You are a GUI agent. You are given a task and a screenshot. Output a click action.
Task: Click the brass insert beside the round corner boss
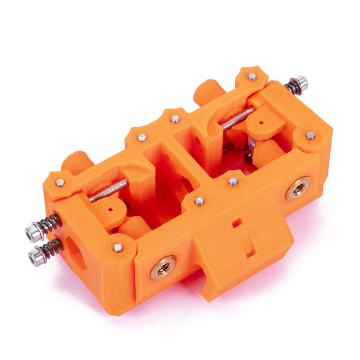pyautogui.click(x=298, y=189)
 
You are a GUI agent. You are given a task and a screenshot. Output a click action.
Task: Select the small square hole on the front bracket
pyautogui.click(x=237, y=223)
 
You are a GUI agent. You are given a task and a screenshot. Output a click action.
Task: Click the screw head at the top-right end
pyautogui.click(x=301, y=82)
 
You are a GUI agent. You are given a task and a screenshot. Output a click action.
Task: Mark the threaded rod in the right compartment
pyautogui.click(x=237, y=118)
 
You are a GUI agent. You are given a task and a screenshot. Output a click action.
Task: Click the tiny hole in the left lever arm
pyautogui.click(x=110, y=209)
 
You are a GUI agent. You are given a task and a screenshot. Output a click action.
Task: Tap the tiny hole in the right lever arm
pyautogui.click(x=261, y=123)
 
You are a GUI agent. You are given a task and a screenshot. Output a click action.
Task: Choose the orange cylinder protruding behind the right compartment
pyautogui.click(x=208, y=91)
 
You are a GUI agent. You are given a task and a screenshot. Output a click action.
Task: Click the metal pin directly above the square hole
pyautogui.click(x=233, y=181)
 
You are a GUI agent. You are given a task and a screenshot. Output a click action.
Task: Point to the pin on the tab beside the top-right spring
pyautogui.click(x=252, y=76)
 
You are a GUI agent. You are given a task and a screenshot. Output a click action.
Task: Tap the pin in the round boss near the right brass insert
pyautogui.click(x=310, y=135)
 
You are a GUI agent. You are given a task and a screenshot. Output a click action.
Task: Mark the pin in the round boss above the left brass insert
pyautogui.click(x=118, y=247)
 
